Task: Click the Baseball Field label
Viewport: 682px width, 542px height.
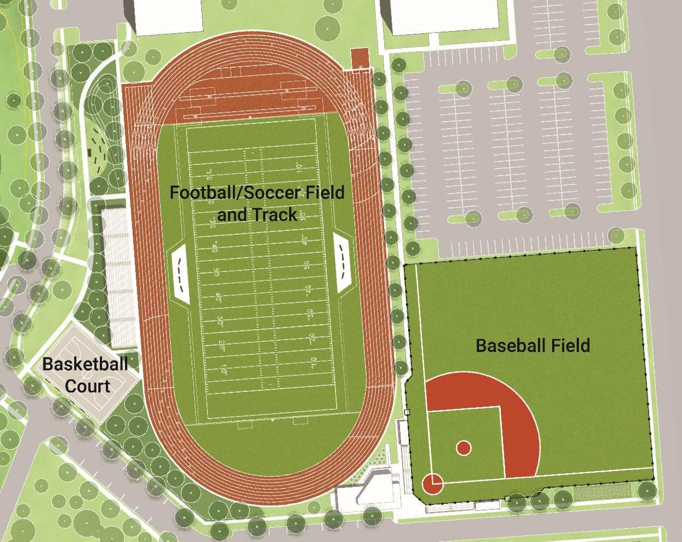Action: tap(533, 345)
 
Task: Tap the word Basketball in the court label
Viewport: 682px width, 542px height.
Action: tap(85, 364)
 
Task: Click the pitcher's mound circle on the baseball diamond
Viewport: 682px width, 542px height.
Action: tap(463, 448)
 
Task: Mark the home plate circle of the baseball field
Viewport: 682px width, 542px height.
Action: tap(432, 483)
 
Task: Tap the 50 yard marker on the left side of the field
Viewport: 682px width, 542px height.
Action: tap(216, 272)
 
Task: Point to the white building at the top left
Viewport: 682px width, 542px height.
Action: tap(168, 16)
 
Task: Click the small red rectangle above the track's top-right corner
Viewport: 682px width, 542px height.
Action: tap(360, 57)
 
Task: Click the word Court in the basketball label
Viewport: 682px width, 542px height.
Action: tap(87, 386)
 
